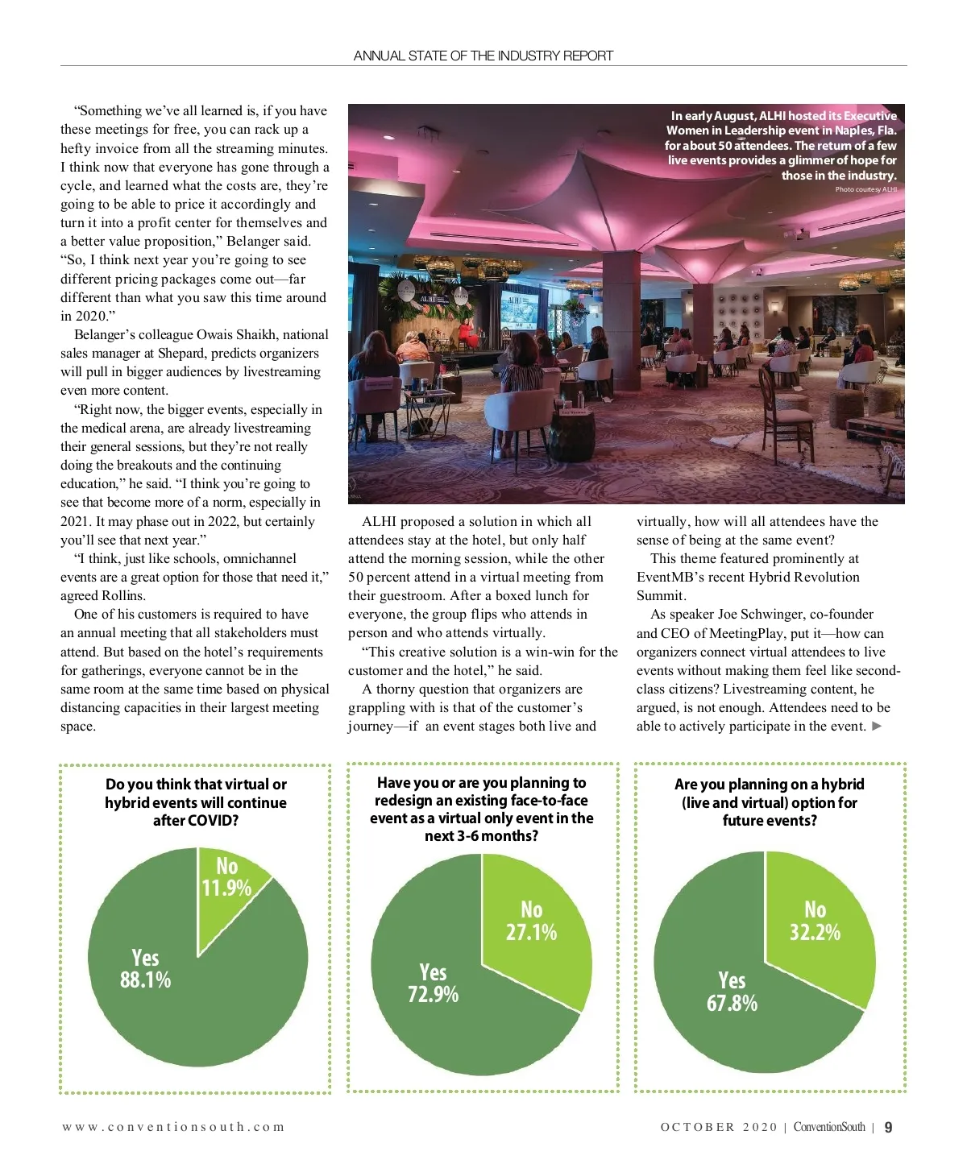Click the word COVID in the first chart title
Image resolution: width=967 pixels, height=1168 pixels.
[x=214, y=821]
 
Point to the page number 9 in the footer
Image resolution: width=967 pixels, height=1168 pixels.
[x=888, y=1127]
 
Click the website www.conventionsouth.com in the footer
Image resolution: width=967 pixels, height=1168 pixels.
[x=173, y=1127]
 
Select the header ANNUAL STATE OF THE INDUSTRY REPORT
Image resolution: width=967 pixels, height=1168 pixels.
[x=483, y=56]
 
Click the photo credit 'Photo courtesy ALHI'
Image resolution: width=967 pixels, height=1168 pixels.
[x=865, y=190]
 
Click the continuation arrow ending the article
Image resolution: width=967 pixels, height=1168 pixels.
[x=878, y=727]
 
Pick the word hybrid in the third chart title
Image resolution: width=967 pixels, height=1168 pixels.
[x=842, y=785]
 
